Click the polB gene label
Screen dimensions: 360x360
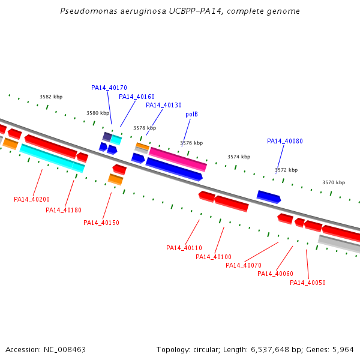coord(191,115)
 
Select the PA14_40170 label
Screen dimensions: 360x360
coord(109,88)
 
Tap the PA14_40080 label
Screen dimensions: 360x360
coord(285,141)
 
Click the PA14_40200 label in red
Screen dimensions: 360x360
coord(32,199)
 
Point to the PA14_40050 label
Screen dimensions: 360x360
coord(308,283)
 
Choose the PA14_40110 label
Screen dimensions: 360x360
coord(184,248)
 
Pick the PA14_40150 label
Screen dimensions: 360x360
coord(101,223)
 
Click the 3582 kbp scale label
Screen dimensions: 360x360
coord(51,97)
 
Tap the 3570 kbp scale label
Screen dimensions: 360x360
coord(334,182)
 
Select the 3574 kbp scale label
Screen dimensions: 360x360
coord(239,157)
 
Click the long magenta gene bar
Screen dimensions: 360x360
coord(178,160)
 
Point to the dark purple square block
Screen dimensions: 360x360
coord(107,137)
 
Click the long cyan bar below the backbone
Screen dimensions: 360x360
coord(52,158)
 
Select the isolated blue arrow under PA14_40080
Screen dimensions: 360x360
coord(269,197)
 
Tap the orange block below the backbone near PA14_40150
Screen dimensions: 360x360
coord(115,179)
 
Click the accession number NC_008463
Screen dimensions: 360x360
coord(65,350)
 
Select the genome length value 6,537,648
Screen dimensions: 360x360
coord(270,350)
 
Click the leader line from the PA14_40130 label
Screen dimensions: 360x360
coord(154,122)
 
